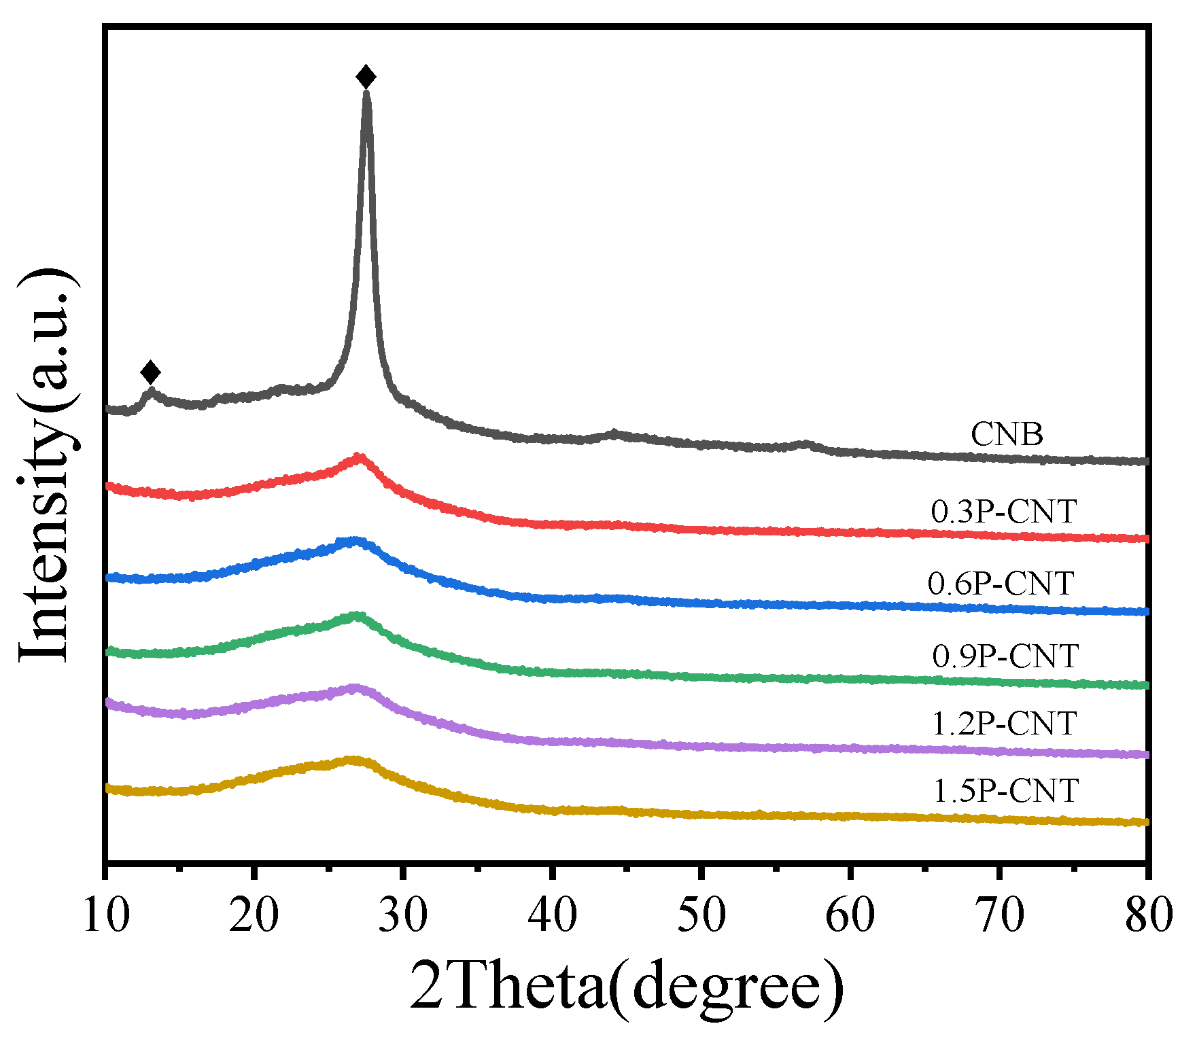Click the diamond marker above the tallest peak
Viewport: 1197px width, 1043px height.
366,77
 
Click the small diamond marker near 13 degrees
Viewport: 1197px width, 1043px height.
150,372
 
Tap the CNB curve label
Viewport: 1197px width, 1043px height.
1006,434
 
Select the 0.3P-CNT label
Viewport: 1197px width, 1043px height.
1003,512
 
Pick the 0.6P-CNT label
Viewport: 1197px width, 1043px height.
1001,584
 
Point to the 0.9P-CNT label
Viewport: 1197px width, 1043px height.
1005,656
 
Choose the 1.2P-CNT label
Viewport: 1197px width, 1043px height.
1003,724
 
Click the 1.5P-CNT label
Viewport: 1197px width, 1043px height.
1005,791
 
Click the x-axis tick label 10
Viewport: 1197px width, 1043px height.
106,916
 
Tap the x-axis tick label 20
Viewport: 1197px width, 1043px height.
254,916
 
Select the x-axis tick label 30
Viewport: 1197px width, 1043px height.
403,916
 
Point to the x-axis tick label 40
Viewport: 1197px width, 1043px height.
552,916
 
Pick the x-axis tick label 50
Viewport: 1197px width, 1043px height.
701,916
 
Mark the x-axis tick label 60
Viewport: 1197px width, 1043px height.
850,916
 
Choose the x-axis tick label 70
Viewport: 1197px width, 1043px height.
999,916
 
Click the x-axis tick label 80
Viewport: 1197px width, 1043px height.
1148,916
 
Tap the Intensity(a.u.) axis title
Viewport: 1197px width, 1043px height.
46,465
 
